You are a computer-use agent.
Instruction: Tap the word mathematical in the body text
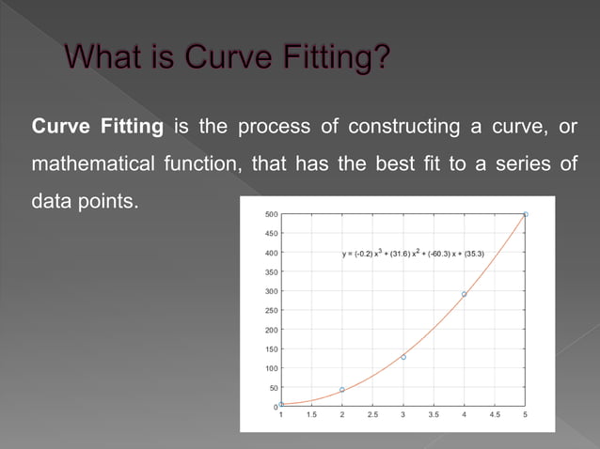[89, 164]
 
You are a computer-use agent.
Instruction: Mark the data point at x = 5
[525, 214]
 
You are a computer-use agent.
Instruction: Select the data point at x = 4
[464, 294]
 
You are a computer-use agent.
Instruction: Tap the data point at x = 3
[403, 357]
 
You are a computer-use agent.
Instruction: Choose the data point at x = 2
[342, 389]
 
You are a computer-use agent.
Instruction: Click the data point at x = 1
[281, 404]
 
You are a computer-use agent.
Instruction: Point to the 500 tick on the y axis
[271, 214]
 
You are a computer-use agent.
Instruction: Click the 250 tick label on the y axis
[271, 310]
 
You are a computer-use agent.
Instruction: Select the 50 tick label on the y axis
[273, 387]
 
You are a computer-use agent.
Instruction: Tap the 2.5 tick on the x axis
[372, 414]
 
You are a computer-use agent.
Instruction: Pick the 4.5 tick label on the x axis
[495, 414]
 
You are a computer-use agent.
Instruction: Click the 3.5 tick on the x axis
[434, 414]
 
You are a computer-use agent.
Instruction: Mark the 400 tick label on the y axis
[271, 253]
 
